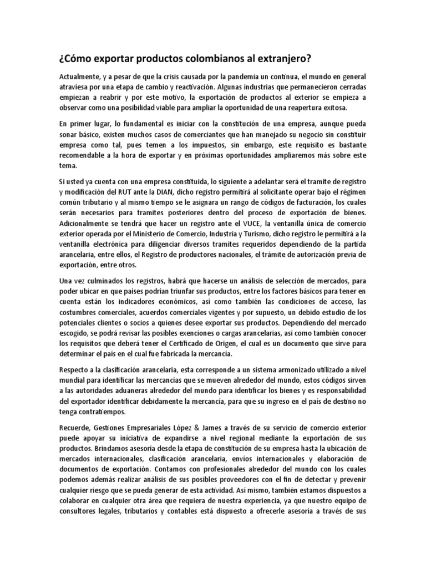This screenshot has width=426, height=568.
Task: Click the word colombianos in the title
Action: tap(195, 58)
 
